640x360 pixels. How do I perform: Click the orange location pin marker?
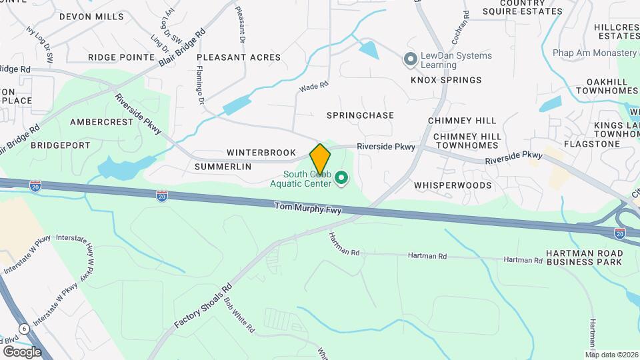pos(320,159)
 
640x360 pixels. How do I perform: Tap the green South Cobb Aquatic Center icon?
pos(342,177)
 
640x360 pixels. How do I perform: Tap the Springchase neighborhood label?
pos(360,115)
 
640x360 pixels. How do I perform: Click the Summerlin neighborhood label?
pos(223,167)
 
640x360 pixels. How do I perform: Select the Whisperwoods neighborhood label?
pos(452,185)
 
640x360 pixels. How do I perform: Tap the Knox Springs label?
pos(445,80)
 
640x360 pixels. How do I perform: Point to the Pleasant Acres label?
pos(239,57)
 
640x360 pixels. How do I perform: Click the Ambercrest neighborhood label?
pos(102,122)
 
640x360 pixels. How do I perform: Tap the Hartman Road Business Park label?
pos(584,257)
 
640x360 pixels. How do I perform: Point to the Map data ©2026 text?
pos(611,355)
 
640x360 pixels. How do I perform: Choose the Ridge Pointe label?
pos(121,57)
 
